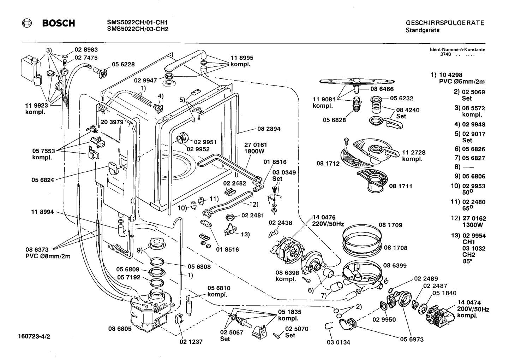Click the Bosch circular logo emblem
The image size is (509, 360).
[x=27, y=23]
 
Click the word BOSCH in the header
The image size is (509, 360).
[x=59, y=23]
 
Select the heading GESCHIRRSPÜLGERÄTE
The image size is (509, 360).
[x=445, y=23]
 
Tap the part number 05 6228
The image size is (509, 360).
[x=123, y=64]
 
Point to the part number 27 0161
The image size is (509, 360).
[x=256, y=145]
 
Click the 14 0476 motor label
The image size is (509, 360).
[x=324, y=217]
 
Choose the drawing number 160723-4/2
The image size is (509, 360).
[x=34, y=337]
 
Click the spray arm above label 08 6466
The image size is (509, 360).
[x=357, y=81]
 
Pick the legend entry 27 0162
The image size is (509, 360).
[x=474, y=218]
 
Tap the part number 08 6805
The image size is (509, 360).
[x=120, y=329]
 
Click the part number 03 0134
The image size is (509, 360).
[x=339, y=342]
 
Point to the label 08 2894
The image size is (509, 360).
[x=269, y=129]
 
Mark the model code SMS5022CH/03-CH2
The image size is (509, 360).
[x=138, y=29]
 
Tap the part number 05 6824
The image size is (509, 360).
[x=43, y=180]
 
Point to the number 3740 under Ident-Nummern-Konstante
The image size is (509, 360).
[x=445, y=54]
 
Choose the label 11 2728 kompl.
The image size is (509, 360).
[x=414, y=156]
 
